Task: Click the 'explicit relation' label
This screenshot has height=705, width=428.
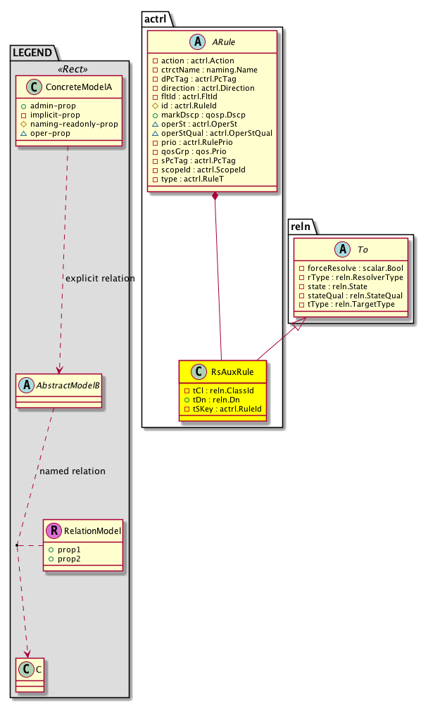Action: point(99,279)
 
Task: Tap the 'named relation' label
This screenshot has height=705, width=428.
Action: point(73,471)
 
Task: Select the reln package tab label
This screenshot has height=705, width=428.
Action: point(301,224)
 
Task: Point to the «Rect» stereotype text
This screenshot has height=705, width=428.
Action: point(69,68)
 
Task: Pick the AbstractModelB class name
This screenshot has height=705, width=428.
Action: point(65,383)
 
